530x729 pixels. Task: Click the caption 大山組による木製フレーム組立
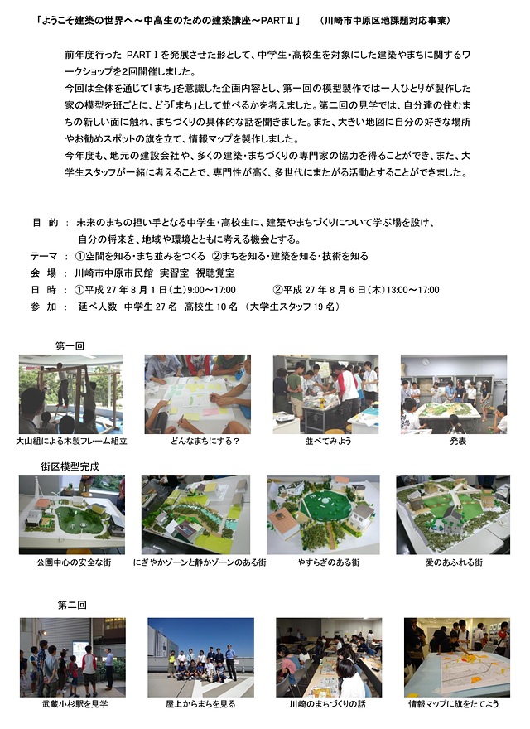point(71,442)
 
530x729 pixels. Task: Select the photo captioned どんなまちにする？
point(198,394)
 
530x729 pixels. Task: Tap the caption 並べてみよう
point(328,442)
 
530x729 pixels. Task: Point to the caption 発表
point(458,442)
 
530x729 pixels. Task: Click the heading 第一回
point(70,346)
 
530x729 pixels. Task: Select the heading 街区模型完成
point(70,466)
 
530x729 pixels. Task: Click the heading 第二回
point(72,605)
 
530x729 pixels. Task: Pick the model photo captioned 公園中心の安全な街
point(72,514)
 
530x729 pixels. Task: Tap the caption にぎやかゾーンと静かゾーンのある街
point(200,562)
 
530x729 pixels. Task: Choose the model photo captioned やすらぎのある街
point(323,514)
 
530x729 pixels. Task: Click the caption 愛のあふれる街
point(454,562)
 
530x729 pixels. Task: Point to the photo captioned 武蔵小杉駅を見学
point(73,658)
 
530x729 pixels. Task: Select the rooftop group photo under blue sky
point(201,658)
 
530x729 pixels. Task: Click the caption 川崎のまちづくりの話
point(327,704)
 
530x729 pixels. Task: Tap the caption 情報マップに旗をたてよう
point(454,704)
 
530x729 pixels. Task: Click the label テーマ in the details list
point(44,256)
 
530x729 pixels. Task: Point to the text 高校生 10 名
point(210,307)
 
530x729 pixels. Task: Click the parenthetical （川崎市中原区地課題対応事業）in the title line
point(385,21)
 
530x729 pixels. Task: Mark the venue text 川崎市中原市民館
point(114,273)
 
